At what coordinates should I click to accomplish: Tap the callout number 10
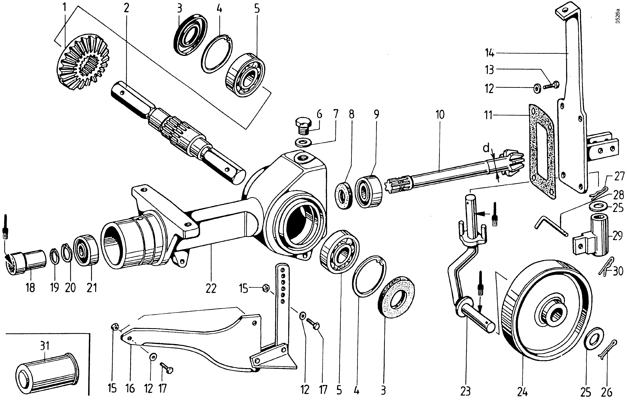[440, 115]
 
